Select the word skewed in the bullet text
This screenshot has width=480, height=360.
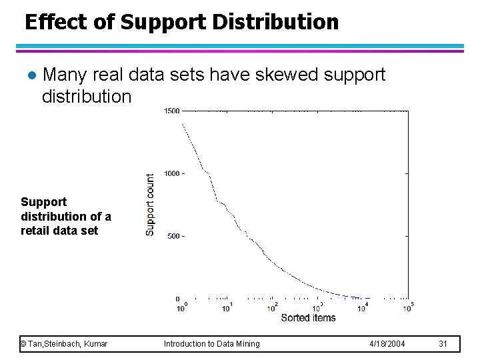point(289,75)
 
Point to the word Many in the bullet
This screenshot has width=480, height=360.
point(66,75)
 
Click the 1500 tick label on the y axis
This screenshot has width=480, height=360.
point(171,111)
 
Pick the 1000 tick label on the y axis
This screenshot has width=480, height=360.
point(171,173)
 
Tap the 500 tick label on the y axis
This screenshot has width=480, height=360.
point(173,236)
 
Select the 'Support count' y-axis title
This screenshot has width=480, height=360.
point(150,204)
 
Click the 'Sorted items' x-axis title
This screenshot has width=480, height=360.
point(308,318)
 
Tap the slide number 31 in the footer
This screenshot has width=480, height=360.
point(443,343)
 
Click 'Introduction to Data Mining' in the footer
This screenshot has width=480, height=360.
point(212,343)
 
